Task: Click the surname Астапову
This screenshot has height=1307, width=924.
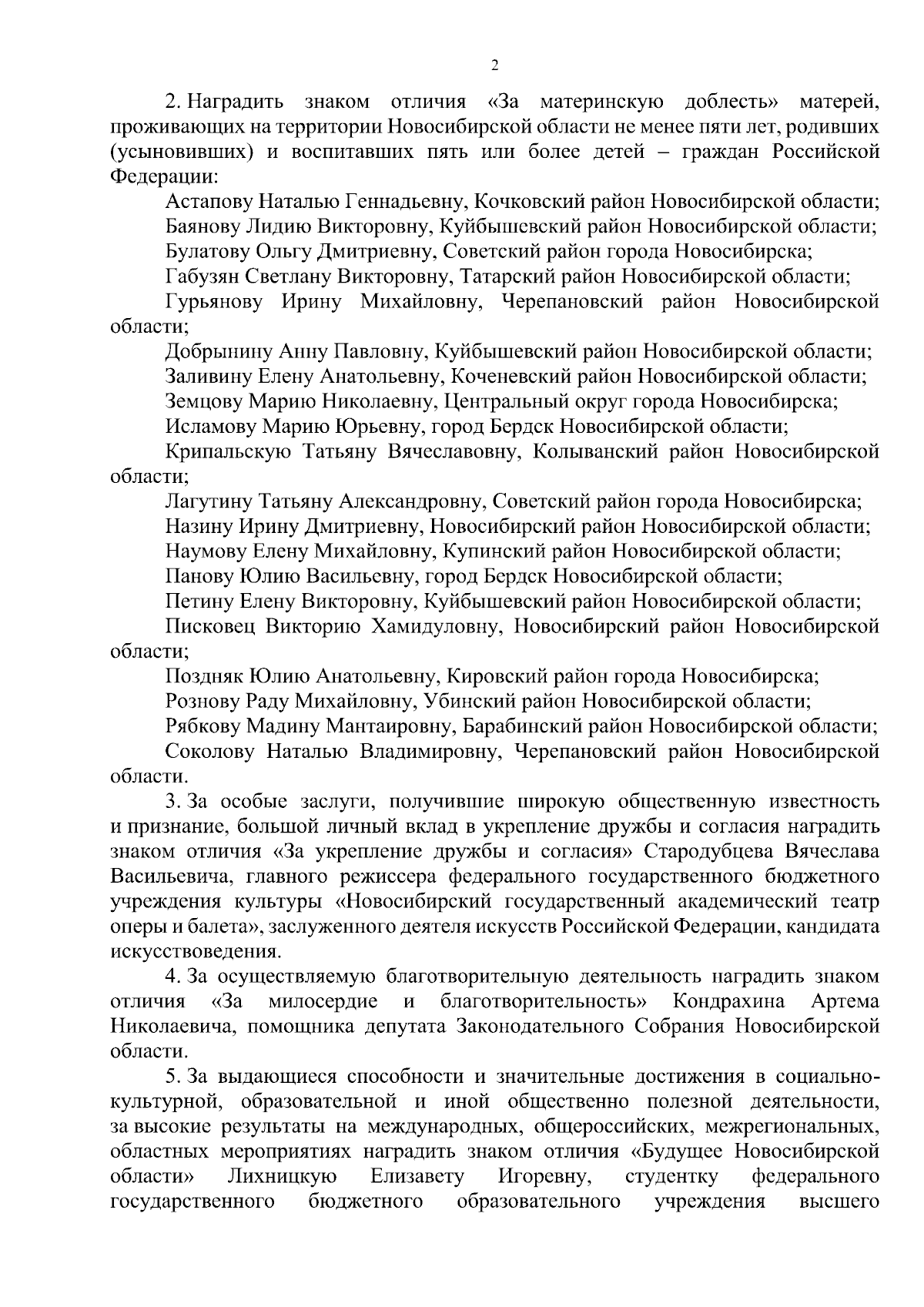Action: [208, 202]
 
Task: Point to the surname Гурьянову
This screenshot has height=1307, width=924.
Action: [213, 302]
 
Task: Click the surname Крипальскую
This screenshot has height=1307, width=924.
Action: [228, 452]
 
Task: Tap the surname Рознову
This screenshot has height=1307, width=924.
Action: [203, 702]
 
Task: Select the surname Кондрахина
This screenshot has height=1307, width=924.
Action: [728, 1002]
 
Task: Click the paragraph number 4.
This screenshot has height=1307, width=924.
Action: [172, 977]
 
